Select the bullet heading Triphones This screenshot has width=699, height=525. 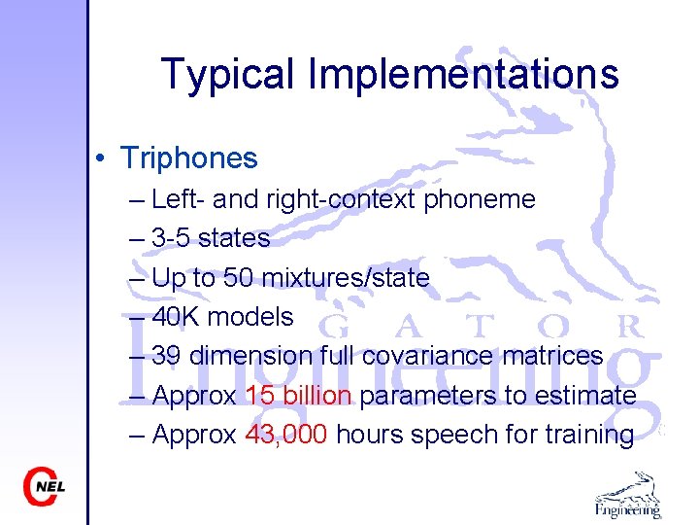[x=189, y=157]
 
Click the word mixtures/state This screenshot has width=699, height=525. [x=346, y=278]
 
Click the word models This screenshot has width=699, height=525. [x=250, y=317]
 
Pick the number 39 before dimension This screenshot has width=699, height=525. [x=167, y=356]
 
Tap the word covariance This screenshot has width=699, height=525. [x=428, y=356]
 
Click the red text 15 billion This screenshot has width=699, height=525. [x=299, y=396]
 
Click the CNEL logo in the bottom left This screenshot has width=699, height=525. [x=45, y=486]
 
